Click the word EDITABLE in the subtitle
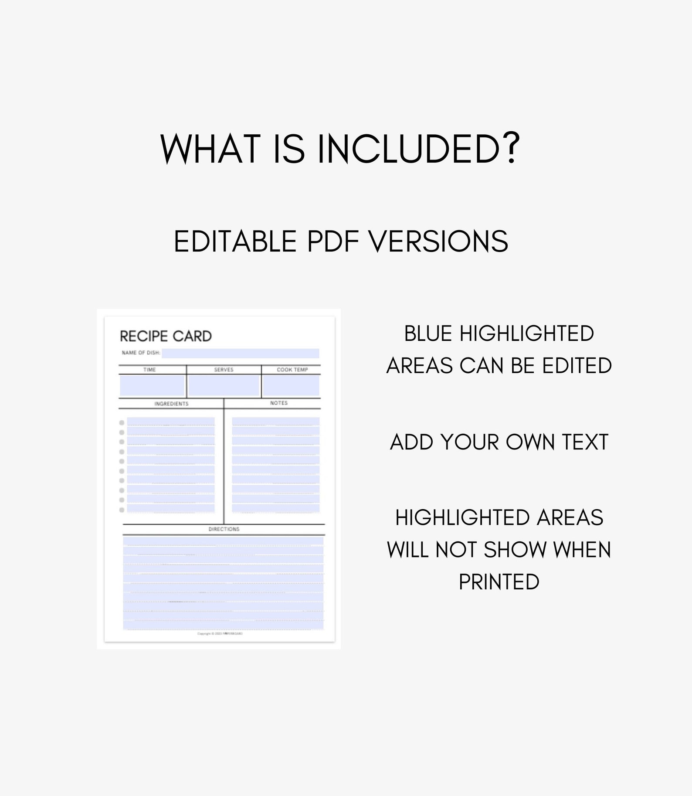click(x=236, y=242)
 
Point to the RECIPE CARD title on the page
click(x=166, y=336)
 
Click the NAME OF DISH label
click(x=141, y=353)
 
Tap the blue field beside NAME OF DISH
click(x=240, y=353)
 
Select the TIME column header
click(x=149, y=370)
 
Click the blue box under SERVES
click(x=224, y=386)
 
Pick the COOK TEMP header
click(x=292, y=370)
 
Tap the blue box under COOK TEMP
click(x=291, y=386)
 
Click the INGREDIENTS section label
click(x=171, y=404)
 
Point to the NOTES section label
click(x=278, y=403)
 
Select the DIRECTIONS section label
click(x=224, y=529)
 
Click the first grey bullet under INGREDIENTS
click(x=122, y=422)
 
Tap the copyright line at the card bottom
click(x=220, y=634)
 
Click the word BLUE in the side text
click(x=428, y=334)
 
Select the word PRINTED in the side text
click(x=499, y=582)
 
